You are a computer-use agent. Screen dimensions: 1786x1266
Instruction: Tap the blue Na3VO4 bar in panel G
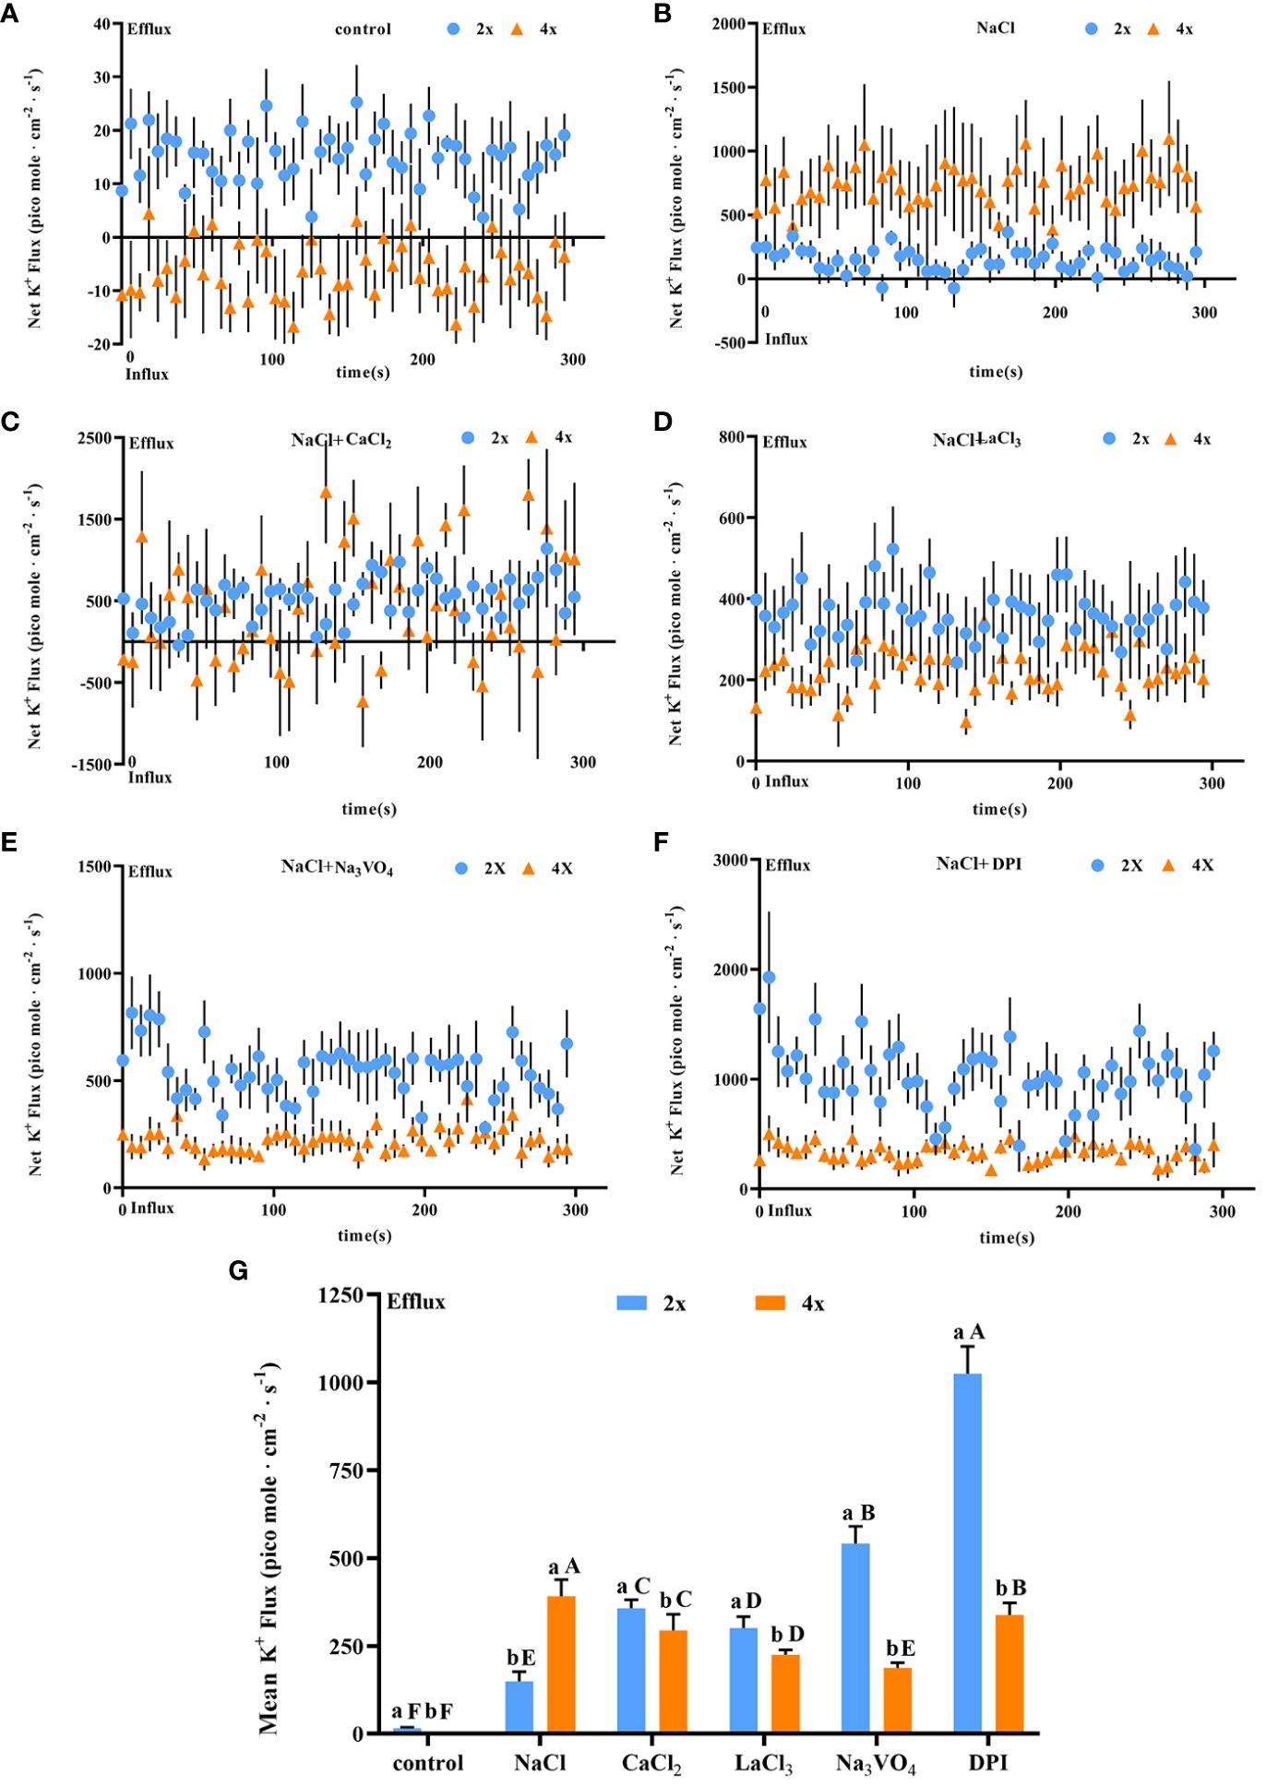tap(855, 1638)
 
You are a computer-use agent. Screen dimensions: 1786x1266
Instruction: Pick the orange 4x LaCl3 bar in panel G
tap(786, 1694)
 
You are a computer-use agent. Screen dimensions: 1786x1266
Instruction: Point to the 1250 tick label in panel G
tap(340, 1295)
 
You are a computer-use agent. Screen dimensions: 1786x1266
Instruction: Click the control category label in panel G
tap(428, 1763)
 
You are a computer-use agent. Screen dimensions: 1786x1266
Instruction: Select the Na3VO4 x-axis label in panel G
tap(876, 1764)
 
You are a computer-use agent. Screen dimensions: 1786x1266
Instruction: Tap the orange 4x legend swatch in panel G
tap(770, 1303)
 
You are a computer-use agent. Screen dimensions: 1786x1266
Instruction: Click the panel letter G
tap(238, 1271)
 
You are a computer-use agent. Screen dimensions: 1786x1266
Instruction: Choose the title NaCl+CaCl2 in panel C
tap(341, 440)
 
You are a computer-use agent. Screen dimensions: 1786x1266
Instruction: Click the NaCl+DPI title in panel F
tap(979, 863)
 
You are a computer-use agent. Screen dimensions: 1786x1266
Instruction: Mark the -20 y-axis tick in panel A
tap(100, 344)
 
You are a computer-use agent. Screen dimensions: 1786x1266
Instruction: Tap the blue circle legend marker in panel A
tap(453, 30)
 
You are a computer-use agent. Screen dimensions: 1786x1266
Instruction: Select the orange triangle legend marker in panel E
tap(529, 868)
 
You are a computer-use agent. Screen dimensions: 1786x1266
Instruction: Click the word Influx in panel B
tap(786, 339)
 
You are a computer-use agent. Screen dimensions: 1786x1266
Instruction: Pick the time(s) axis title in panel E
tap(364, 1235)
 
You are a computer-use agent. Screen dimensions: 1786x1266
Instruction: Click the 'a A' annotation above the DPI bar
tap(969, 1332)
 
